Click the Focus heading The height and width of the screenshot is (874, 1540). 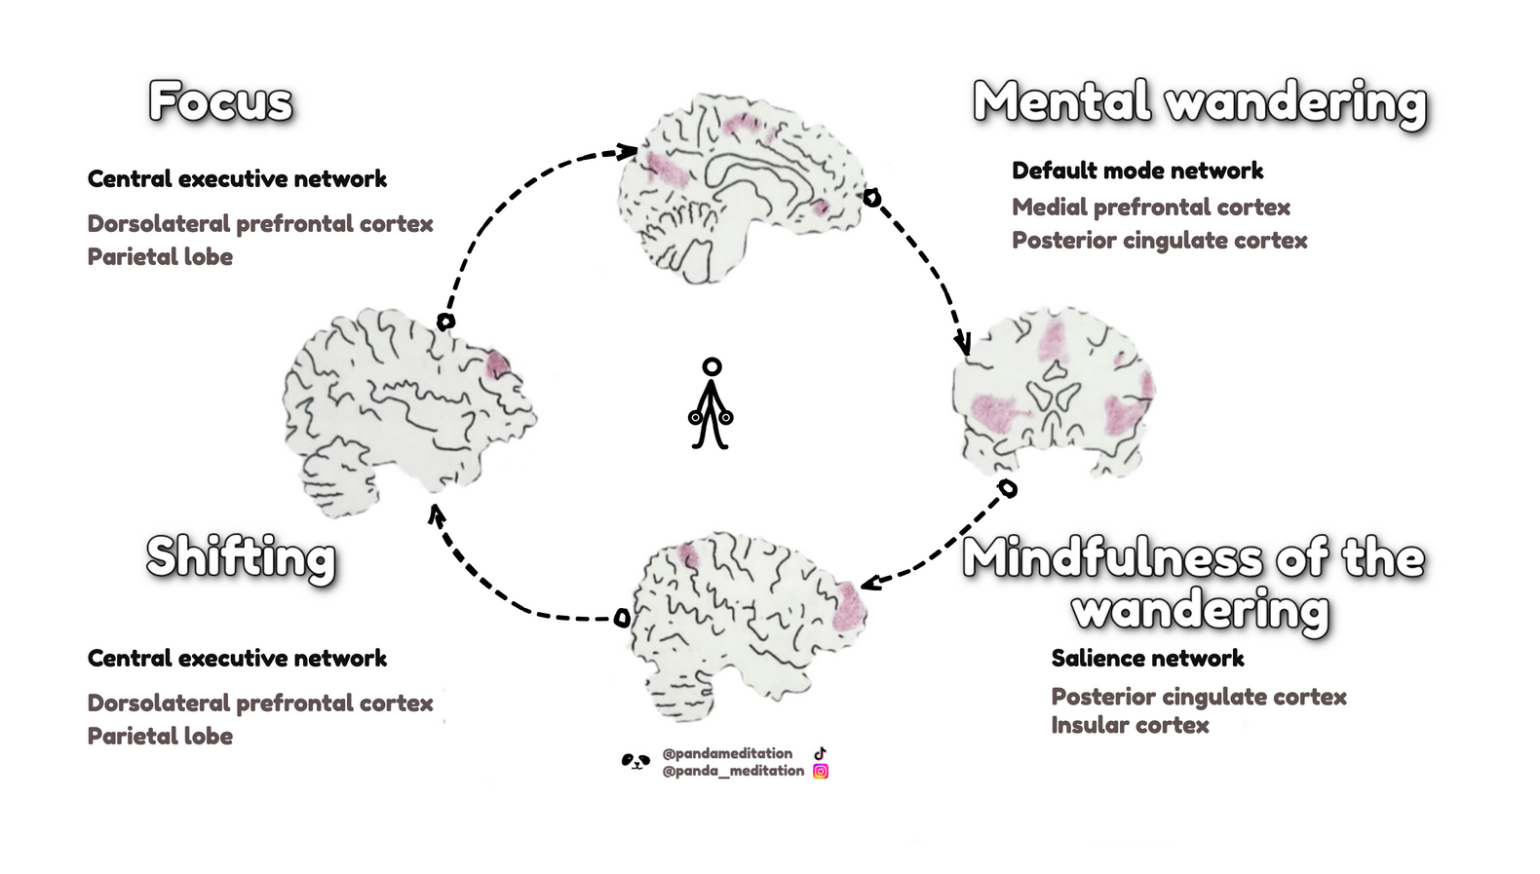tap(220, 102)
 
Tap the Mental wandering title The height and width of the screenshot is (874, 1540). tap(1199, 103)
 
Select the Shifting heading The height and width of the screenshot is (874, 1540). tap(241, 557)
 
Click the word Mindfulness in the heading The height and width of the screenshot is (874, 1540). tap(1110, 557)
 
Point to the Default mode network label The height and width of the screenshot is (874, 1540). tap(1136, 171)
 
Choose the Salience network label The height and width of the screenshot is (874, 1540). tap(1147, 658)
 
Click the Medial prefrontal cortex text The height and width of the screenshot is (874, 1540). tap(1150, 207)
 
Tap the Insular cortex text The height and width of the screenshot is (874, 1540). tap(1129, 725)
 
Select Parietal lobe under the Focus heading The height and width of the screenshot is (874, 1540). tap(160, 256)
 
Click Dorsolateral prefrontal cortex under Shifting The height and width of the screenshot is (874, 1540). tap(259, 703)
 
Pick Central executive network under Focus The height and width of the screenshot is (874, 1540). tap(237, 178)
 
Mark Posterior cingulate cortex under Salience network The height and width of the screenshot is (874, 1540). tap(1198, 697)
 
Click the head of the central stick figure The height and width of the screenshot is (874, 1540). tap(712, 367)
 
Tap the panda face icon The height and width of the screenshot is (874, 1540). tap(635, 761)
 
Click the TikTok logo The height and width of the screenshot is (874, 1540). tap(820, 753)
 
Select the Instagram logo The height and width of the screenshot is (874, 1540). tap(821, 771)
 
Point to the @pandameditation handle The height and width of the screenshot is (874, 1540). tap(727, 753)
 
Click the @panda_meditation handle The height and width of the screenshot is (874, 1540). tap(733, 771)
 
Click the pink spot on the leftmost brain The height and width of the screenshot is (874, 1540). tap(497, 364)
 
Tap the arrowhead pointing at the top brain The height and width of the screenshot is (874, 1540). tap(626, 151)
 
